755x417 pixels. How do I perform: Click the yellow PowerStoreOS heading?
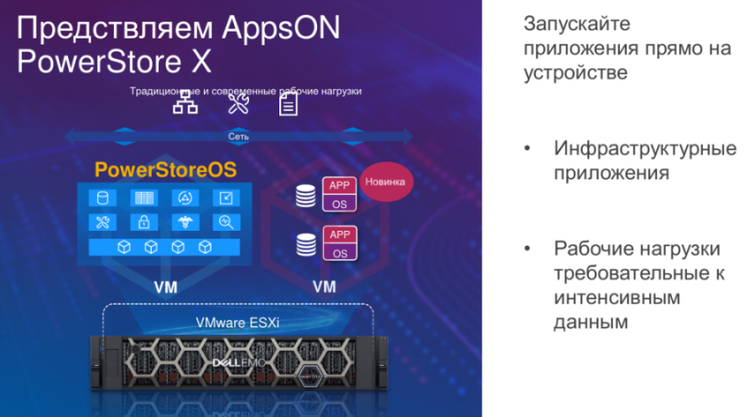pos(165,169)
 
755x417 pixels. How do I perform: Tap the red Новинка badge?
pos(385,181)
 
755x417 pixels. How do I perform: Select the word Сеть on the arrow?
pos(238,136)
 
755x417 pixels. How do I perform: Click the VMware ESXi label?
pos(237,322)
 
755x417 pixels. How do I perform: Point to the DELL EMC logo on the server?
pos(239,362)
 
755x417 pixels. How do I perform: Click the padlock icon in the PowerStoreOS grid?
pos(144,222)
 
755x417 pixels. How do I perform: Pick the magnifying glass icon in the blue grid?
pos(226,222)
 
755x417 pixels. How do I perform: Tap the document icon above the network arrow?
pos(289,103)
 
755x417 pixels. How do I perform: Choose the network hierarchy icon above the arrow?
pos(185,102)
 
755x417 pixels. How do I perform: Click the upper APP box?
pos(340,185)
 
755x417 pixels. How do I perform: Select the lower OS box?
pos(340,253)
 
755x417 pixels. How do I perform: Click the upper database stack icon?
pos(305,196)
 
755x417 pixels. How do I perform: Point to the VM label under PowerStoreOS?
pos(165,288)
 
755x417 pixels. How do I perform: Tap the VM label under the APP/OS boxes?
pos(324,287)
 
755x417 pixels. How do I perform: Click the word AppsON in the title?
pos(281,28)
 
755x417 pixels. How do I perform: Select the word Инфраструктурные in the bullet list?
pos(645,149)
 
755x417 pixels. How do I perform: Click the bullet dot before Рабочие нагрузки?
pos(528,248)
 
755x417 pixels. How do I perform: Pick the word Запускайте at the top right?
pos(577,23)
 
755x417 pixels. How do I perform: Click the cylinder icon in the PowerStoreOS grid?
pos(102,198)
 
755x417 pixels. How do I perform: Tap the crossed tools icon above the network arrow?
pos(238,103)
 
